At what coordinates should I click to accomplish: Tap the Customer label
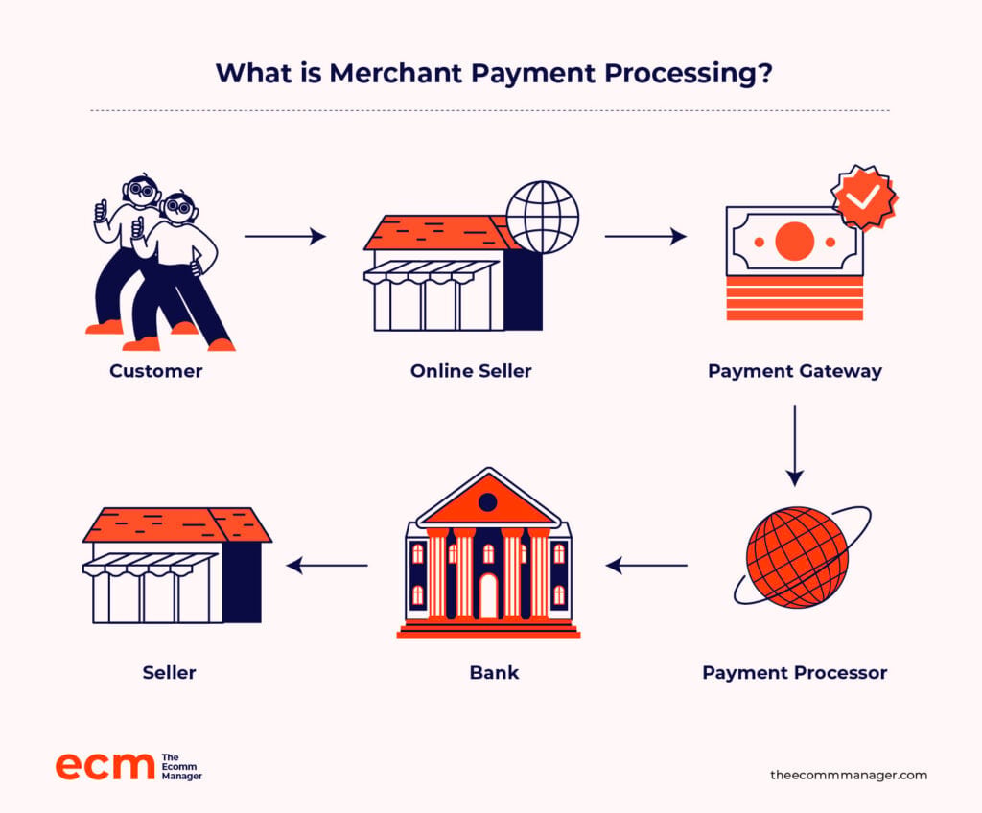[x=156, y=371]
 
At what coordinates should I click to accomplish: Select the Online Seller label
[x=471, y=371]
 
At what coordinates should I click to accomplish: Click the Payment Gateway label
[x=795, y=371]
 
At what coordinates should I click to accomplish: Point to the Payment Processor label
[x=795, y=673]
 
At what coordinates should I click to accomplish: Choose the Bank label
[x=494, y=673]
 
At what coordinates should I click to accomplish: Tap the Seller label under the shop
[x=169, y=673]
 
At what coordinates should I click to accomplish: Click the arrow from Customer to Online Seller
[x=285, y=236]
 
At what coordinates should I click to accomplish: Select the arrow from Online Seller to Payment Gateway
[x=645, y=236]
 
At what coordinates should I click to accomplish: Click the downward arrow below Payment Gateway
[x=795, y=446]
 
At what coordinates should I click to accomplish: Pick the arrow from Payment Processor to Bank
[x=646, y=566]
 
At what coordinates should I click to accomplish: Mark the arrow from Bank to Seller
[x=327, y=566]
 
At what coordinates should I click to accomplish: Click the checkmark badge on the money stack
[x=864, y=197]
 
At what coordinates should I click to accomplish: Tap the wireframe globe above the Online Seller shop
[x=543, y=218]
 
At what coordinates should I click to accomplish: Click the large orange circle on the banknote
[x=795, y=242]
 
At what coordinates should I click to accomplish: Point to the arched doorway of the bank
[x=488, y=595]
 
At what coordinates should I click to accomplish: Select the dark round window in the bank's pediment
[x=487, y=501]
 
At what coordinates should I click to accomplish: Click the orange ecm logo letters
[x=105, y=765]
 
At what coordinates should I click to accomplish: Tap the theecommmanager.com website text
[x=849, y=775]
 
